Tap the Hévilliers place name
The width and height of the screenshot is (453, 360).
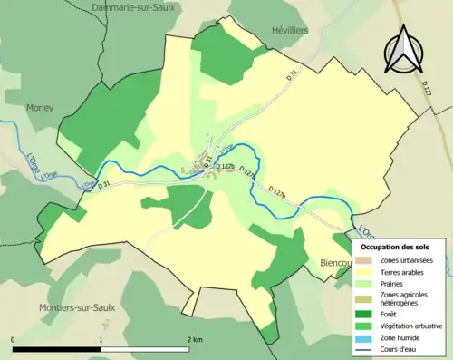point(290,30)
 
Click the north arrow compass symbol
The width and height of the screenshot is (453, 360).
point(400,49)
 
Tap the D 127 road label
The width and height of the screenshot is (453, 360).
point(427,85)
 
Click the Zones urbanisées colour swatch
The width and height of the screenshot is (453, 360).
point(367,260)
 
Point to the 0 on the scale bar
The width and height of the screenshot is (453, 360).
point(14,339)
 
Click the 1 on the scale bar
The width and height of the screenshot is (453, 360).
point(101,339)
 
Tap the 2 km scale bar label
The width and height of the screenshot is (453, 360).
point(193,339)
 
